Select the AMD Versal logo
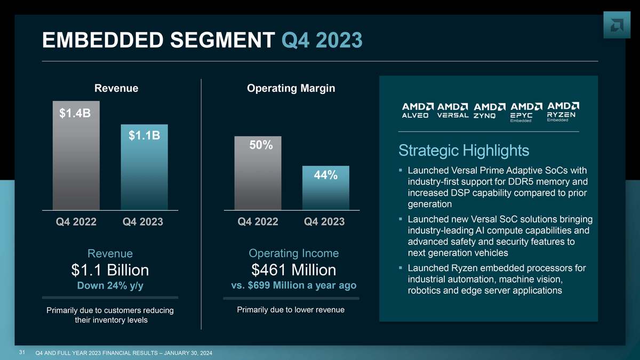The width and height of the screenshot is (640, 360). [452, 110]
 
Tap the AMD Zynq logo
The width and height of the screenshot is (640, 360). [490, 110]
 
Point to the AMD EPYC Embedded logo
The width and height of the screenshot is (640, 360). [526, 112]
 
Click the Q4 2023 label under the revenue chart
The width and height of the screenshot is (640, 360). [142, 222]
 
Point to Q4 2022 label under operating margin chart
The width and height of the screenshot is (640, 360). [258, 222]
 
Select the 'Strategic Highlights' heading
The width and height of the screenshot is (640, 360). [463, 150]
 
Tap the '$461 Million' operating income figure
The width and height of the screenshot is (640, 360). [294, 270]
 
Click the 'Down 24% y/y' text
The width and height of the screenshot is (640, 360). [110, 286]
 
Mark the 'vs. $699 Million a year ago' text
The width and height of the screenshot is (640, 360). [294, 285]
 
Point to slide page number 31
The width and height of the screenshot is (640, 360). [22, 353]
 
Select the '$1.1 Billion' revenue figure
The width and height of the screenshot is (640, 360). [110, 270]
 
